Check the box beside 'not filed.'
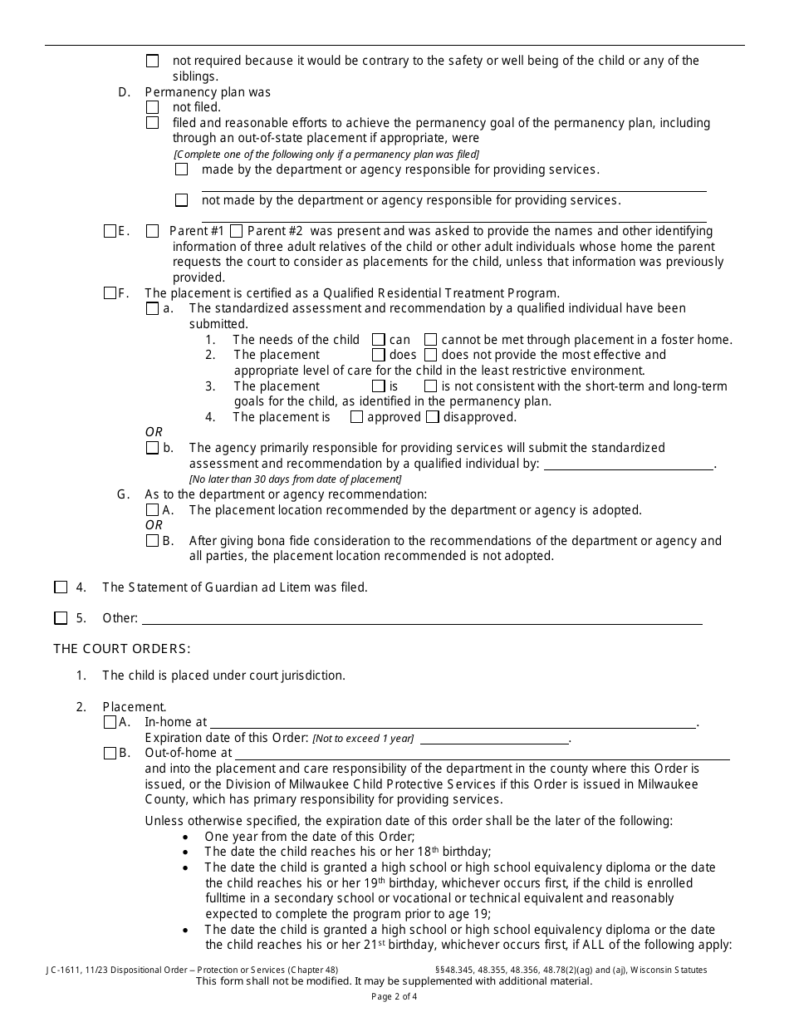152,107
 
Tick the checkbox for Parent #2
236,231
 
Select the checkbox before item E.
110,231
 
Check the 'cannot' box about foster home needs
430,339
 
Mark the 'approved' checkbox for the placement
356,417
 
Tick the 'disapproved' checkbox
433,417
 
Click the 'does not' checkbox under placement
430,355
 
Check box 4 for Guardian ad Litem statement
61,587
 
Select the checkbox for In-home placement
110,722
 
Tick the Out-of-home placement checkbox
110,753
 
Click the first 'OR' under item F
154,432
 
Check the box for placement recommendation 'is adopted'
152,510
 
